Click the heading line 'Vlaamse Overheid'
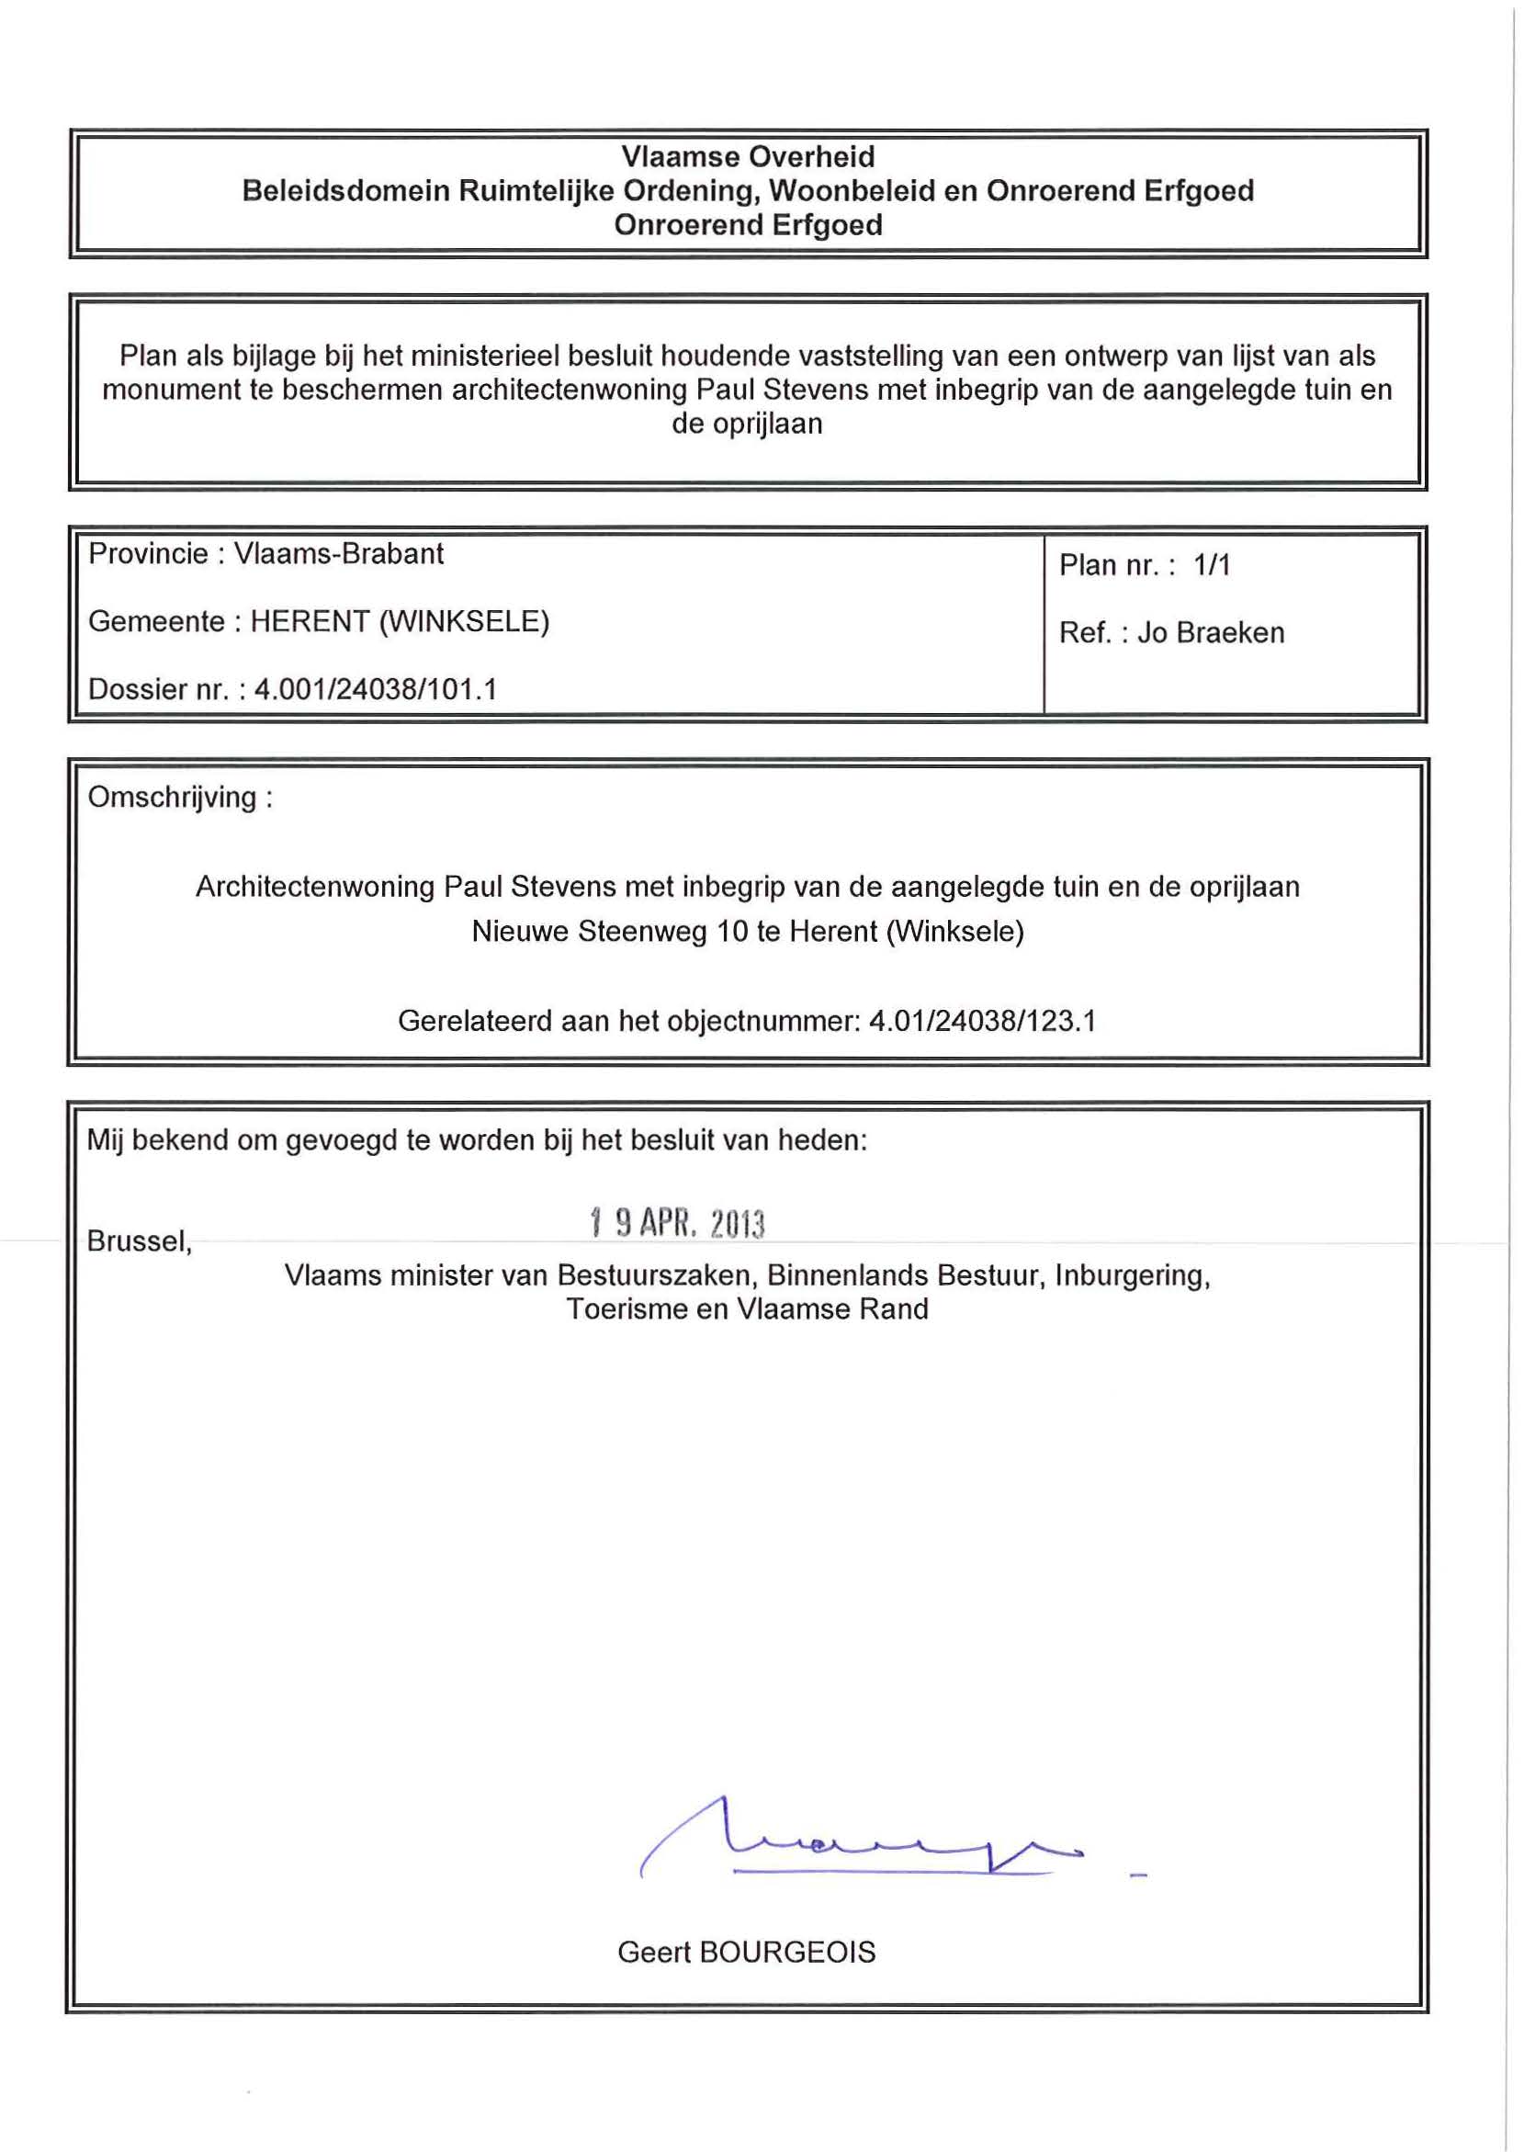pos(748,157)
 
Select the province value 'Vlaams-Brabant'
pos(339,554)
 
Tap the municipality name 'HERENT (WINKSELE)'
pos(400,621)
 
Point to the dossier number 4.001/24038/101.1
pos(376,690)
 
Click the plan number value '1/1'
pos(1212,565)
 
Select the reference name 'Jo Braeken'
pos(1211,632)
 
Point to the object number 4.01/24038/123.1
pos(983,1020)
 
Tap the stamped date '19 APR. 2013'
pos(678,1223)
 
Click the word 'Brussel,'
pos(139,1240)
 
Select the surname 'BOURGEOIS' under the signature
pos(787,1953)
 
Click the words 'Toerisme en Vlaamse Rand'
pos(747,1309)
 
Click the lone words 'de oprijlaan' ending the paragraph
pos(747,425)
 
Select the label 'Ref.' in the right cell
pos(1085,632)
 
